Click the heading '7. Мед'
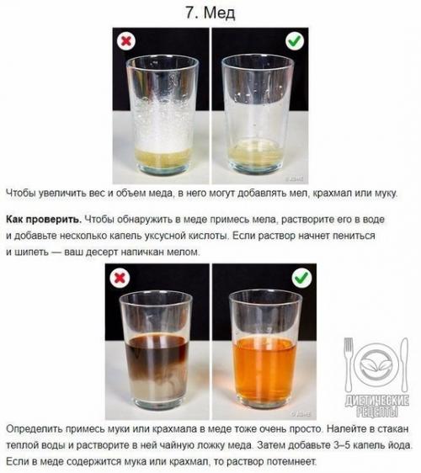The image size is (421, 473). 210,13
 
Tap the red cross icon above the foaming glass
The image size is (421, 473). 126,40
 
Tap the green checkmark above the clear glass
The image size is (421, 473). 295,40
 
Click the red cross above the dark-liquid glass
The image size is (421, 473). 120,278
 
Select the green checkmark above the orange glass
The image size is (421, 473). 302,278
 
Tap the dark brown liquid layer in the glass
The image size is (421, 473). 157,347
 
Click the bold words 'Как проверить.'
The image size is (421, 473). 44,220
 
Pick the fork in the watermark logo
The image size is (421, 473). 349,364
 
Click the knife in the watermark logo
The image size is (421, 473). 404,364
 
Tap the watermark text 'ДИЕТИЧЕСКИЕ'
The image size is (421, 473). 377,401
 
